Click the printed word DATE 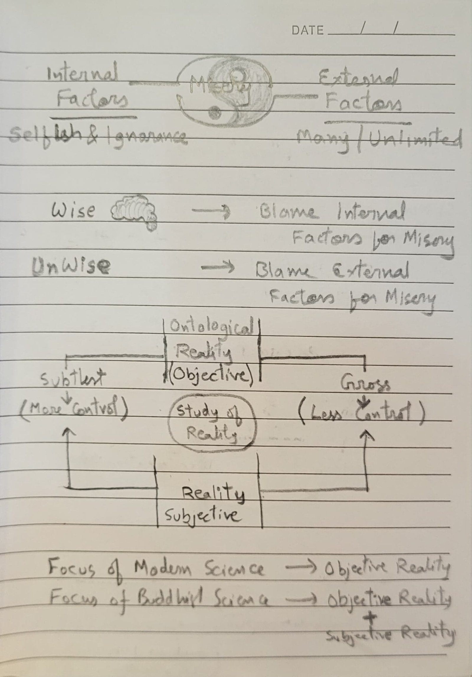coord(307,30)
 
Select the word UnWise coord(71,266)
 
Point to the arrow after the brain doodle coord(211,210)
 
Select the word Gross coord(366,384)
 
